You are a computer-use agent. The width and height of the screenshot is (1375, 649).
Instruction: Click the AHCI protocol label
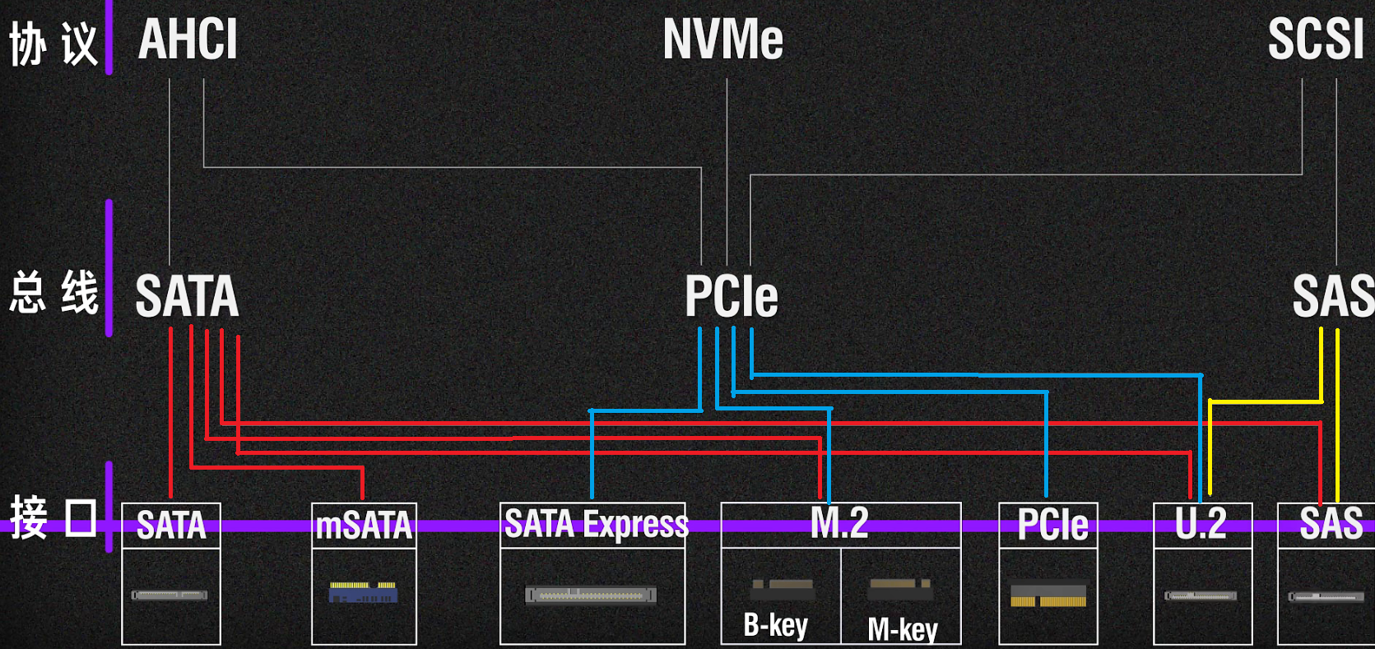click(x=188, y=39)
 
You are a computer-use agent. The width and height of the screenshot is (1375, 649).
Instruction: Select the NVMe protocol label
click(x=722, y=39)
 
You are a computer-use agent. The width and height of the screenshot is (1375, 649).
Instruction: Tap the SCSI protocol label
click(x=1315, y=39)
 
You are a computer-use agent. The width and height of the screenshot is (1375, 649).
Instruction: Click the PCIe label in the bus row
click(x=731, y=296)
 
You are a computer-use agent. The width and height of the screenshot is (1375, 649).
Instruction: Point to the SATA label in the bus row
click(x=187, y=296)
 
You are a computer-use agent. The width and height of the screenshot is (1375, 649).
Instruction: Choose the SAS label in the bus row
click(x=1331, y=296)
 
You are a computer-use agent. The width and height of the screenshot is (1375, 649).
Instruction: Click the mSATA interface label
click(x=364, y=526)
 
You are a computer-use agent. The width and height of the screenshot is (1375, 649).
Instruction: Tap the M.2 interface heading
click(x=839, y=523)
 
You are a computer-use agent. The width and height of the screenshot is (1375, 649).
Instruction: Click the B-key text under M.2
click(x=775, y=626)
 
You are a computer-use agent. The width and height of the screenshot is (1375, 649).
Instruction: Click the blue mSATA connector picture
click(x=363, y=592)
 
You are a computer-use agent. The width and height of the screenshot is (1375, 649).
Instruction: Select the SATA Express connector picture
click(x=591, y=595)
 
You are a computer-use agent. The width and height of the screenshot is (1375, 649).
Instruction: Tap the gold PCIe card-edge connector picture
click(x=1048, y=596)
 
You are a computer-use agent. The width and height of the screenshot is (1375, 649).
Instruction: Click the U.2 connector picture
click(x=1201, y=596)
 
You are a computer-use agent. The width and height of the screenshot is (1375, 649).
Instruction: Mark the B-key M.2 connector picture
click(x=782, y=588)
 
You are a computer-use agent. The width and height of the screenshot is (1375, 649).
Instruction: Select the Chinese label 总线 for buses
click(x=53, y=293)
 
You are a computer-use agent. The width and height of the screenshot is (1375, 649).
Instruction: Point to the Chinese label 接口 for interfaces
click(x=53, y=518)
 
